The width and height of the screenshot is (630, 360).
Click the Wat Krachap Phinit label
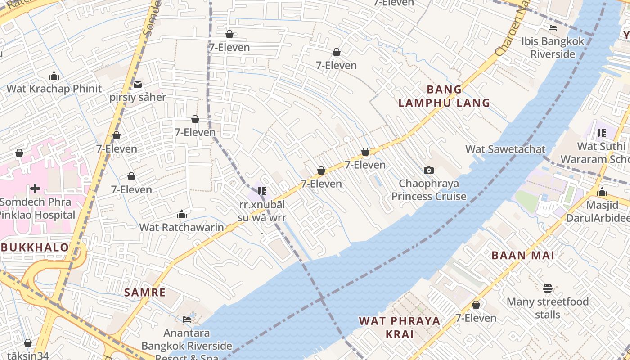[x=54, y=89]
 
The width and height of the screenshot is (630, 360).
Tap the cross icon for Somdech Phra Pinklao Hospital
[x=35, y=188]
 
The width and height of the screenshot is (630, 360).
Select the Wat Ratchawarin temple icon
[x=182, y=214]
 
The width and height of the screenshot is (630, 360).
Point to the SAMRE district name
[x=145, y=292]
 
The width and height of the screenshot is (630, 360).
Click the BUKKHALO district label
[x=35, y=247]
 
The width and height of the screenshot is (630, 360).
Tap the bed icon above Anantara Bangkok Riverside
[x=187, y=319]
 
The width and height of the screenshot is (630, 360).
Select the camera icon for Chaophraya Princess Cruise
[x=429, y=170]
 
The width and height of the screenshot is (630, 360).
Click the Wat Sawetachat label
[x=505, y=149]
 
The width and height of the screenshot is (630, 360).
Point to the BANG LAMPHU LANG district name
[x=444, y=96]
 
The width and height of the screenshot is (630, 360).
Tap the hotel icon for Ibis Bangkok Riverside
[x=553, y=28]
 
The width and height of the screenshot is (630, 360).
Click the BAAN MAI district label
[x=523, y=256]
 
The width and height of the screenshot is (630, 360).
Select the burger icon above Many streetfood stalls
[x=548, y=288]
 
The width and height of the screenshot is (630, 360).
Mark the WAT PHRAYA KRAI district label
[x=400, y=327]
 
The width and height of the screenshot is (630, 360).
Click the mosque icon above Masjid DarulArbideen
[x=602, y=192]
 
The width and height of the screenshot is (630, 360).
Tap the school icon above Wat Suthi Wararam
[x=601, y=133]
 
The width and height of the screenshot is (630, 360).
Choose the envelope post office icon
[x=138, y=84]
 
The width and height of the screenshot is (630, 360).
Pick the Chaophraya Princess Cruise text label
[x=429, y=190]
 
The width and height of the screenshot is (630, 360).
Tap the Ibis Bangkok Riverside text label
[x=553, y=48]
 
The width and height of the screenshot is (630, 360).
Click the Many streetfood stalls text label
[x=548, y=308]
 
